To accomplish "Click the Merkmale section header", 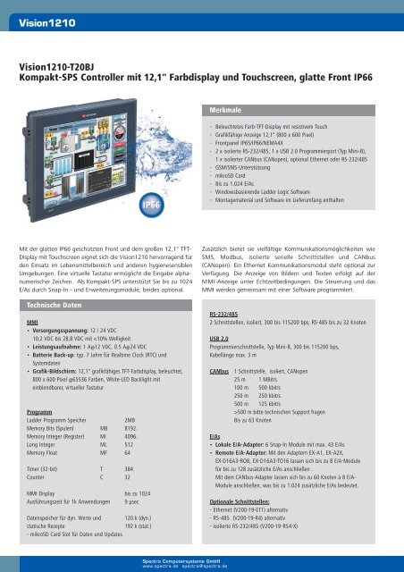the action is pos(229,109).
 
